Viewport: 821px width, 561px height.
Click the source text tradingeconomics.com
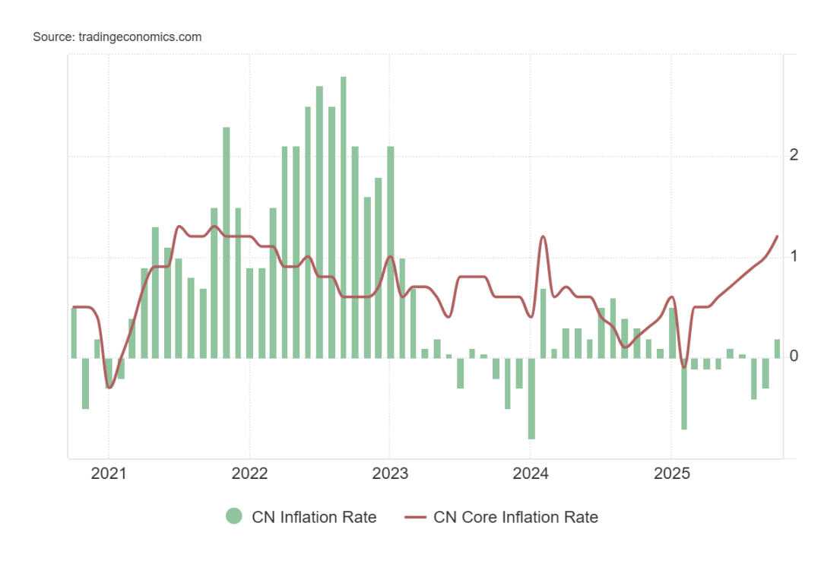117,36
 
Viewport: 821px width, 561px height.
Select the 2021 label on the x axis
109,474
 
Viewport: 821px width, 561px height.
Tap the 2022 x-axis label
249,474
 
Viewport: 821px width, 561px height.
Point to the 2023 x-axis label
390,474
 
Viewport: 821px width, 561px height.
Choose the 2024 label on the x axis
531,474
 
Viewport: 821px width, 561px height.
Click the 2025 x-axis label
671,474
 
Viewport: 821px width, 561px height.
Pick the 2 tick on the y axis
794,155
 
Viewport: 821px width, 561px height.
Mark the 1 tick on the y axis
794,256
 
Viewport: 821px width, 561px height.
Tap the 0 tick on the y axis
794,357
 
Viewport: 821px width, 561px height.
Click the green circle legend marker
234,517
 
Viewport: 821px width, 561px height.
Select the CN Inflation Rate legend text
314,517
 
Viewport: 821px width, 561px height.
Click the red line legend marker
414,517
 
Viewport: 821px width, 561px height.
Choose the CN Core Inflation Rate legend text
515,517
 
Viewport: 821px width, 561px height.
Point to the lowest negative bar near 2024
531,398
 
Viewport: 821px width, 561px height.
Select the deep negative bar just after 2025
684,394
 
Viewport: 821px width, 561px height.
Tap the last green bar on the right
778,349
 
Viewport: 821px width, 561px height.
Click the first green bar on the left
74,332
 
